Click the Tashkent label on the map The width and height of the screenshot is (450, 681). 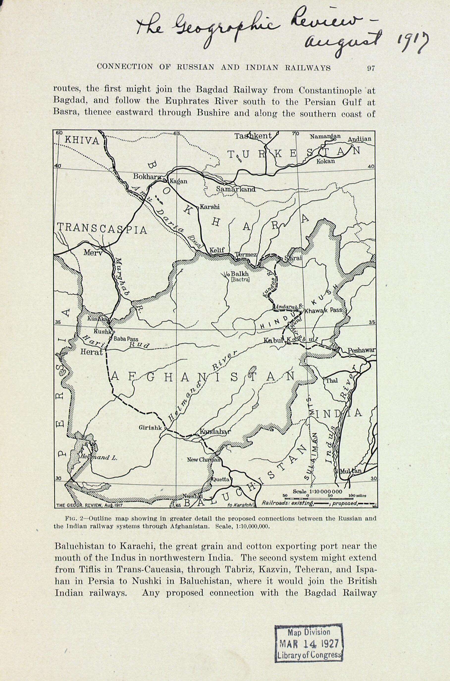253,136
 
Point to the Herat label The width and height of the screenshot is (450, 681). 91,352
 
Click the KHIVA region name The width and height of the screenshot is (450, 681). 82,141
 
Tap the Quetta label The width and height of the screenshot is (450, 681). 221,479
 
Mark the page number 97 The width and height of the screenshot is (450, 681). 371,68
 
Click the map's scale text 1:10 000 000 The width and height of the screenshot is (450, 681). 318,492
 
